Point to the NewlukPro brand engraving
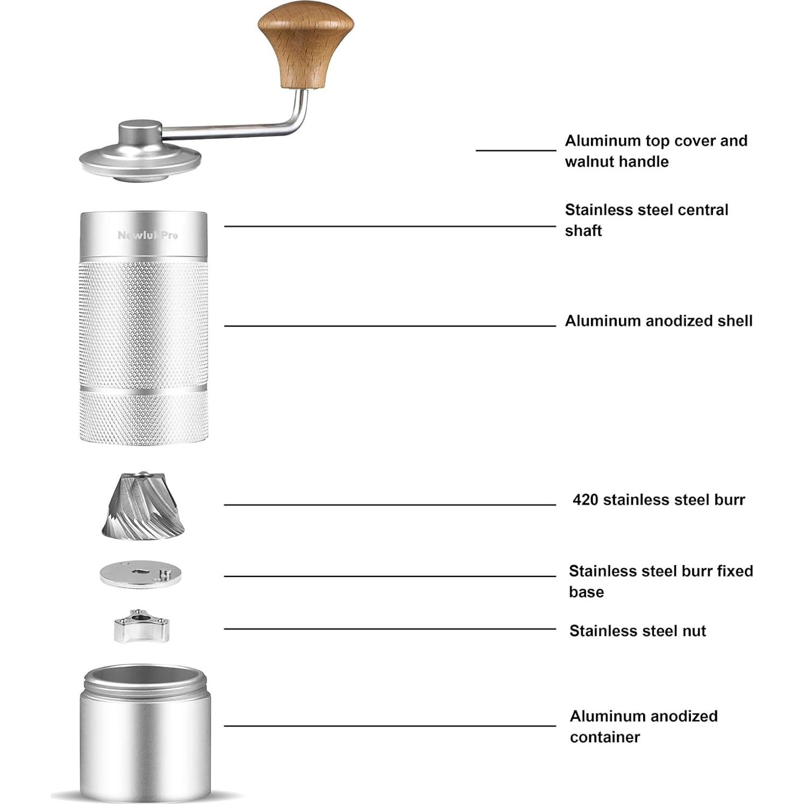pyautogui.click(x=147, y=235)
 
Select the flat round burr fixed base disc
pyautogui.click(x=140, y=575)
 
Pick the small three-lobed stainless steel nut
pyautogui.click(x=141, y=626)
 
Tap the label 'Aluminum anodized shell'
pyautogui.click(x=658, y=321)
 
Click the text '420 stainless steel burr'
pyautogui.click(x=658, y=500)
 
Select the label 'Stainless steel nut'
pyautogui.click(x=637, y=631)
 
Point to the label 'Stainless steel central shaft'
pyautogui.click(x=646, y=220)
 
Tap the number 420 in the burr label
pyautogui.click(x=585, y=500)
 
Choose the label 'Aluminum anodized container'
pyautogui.click(x=643, y=726)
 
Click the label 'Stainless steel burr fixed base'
pyautogui.click(x=660, y=581)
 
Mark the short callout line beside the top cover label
pyautogui.click(x=515, y=150)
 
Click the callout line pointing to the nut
pyautogui.click(x=390, y=629)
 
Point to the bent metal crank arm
pyautogui.click(x=237, y=127)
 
